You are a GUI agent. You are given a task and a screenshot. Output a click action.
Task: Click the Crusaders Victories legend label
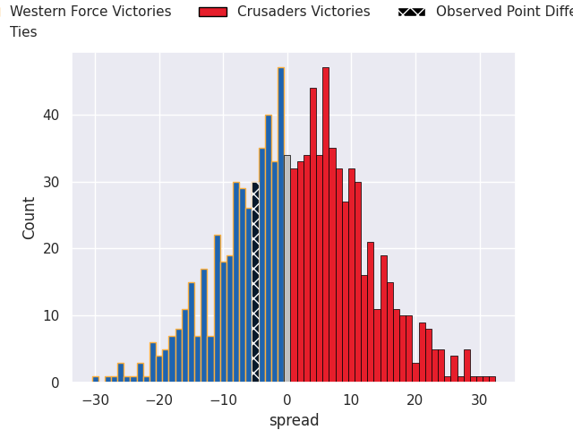[x=304, y=12]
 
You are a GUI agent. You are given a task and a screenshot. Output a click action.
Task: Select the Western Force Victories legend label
[x=90, y=12]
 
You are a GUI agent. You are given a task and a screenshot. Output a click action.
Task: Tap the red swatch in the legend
[x=212, y=12]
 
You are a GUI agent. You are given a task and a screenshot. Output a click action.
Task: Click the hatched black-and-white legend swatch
[x=412, y=12]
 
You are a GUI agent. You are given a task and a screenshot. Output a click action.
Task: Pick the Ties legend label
[x=24, y=32]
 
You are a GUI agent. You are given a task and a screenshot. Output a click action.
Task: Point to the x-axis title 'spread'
[x=294, y=420]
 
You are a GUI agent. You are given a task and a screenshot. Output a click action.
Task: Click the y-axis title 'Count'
[x=30, y=218]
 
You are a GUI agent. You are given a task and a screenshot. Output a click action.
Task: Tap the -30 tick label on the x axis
[x=96, y=400]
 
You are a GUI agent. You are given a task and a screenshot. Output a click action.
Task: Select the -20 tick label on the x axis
[x=159, y=400]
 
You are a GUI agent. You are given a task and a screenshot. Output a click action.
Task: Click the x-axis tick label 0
[x=287, y=400]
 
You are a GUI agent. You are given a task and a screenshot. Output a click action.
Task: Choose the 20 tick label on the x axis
[x=415, y=400]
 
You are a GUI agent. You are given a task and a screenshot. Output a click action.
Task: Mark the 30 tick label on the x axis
[x=479, y=400]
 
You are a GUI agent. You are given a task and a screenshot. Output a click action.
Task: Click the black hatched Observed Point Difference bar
[x=255, y=282]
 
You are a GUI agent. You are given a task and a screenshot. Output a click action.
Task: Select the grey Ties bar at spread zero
[x=287, y=269]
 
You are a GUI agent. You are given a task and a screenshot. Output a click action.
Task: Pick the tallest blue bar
[x=280, y=224]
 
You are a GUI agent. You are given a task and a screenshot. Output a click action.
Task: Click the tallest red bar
[x=326, y=224]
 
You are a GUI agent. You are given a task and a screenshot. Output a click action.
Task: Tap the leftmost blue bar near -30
[x=96, y=379]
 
